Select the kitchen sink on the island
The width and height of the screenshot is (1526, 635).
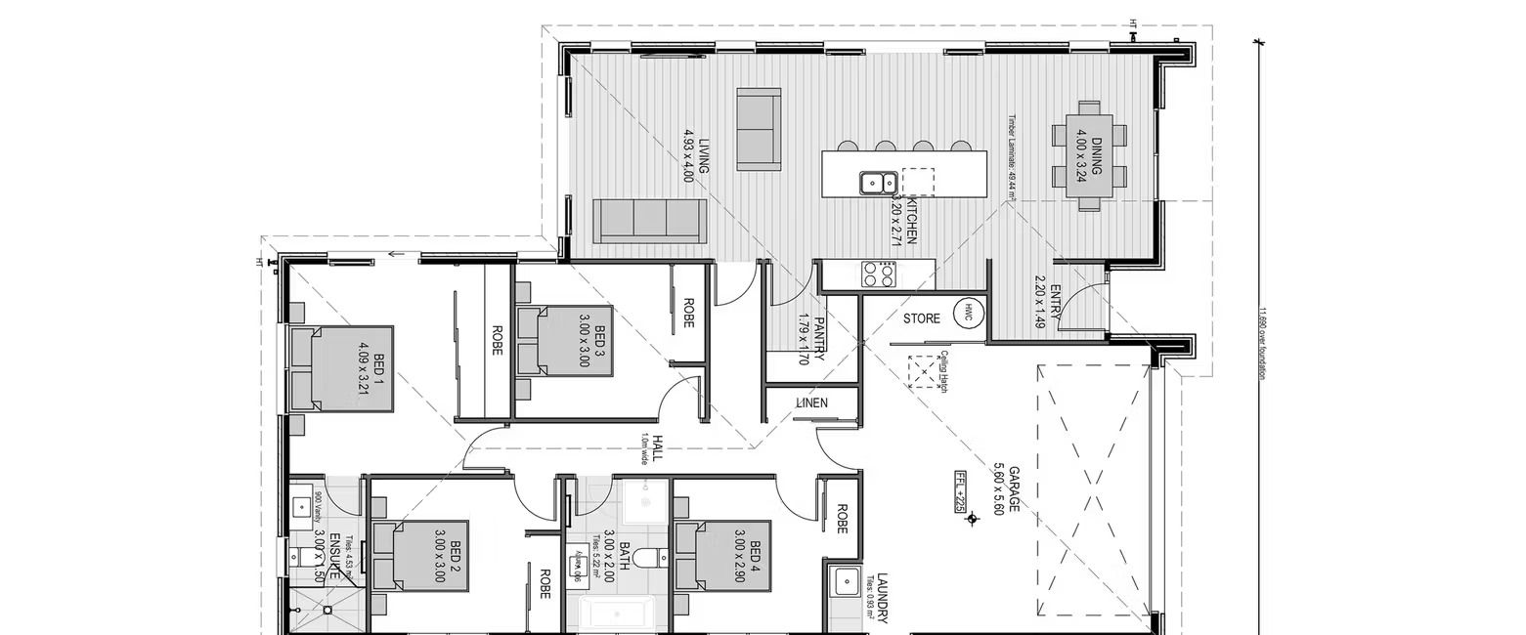[877, 183]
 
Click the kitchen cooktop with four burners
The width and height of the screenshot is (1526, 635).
[877, 275]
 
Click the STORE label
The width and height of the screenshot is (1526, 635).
[921, 319]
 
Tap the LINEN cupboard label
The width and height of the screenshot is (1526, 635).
[811, 402]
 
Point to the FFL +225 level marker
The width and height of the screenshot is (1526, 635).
[961, 491]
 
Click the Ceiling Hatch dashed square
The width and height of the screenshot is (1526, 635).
[921, 371]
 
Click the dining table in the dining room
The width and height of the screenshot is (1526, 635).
[1089, 154]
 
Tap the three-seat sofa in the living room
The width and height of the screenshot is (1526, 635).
[649, 221]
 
